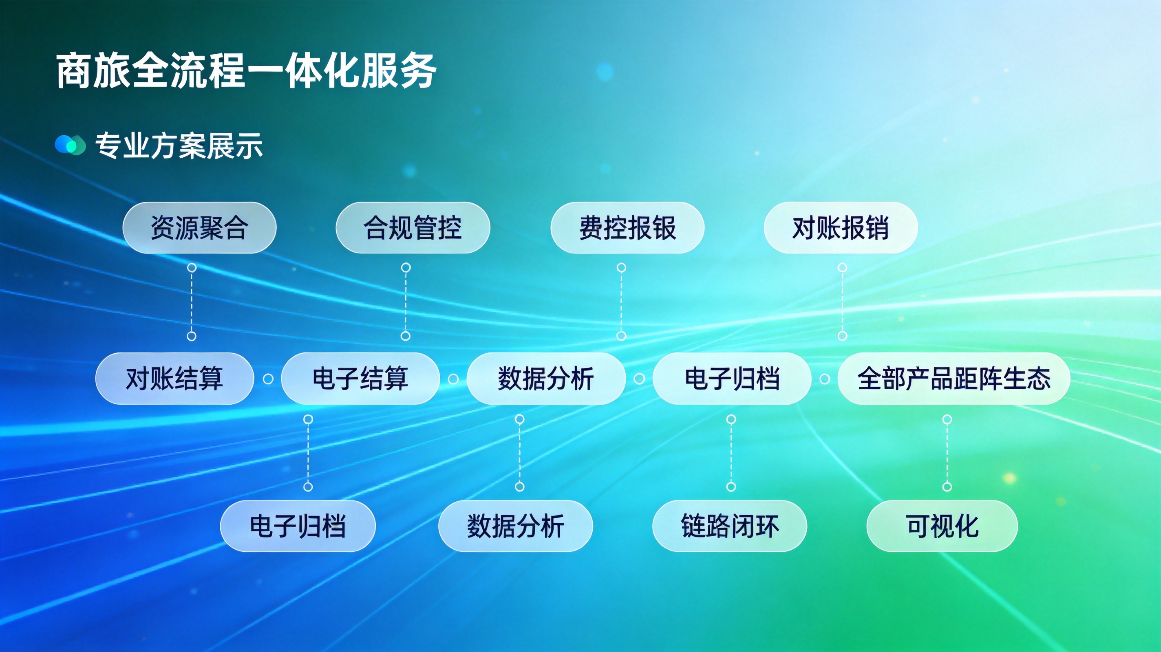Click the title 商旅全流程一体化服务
246,71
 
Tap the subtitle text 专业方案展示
179,145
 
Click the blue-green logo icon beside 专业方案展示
70,145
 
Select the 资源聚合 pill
199,227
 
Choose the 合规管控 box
413,227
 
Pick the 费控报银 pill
627,227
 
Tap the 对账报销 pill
841,227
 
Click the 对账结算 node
174,379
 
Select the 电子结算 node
360,379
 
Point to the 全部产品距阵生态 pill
954,379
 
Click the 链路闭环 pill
730,526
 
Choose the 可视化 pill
942,526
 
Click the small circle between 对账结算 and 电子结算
268,379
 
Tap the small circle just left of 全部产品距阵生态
825,379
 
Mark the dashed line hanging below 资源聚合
192,302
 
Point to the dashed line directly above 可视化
947,453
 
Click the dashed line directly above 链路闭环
731,453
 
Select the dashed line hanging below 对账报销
842,302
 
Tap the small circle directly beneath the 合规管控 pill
406,268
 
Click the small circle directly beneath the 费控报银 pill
622,268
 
